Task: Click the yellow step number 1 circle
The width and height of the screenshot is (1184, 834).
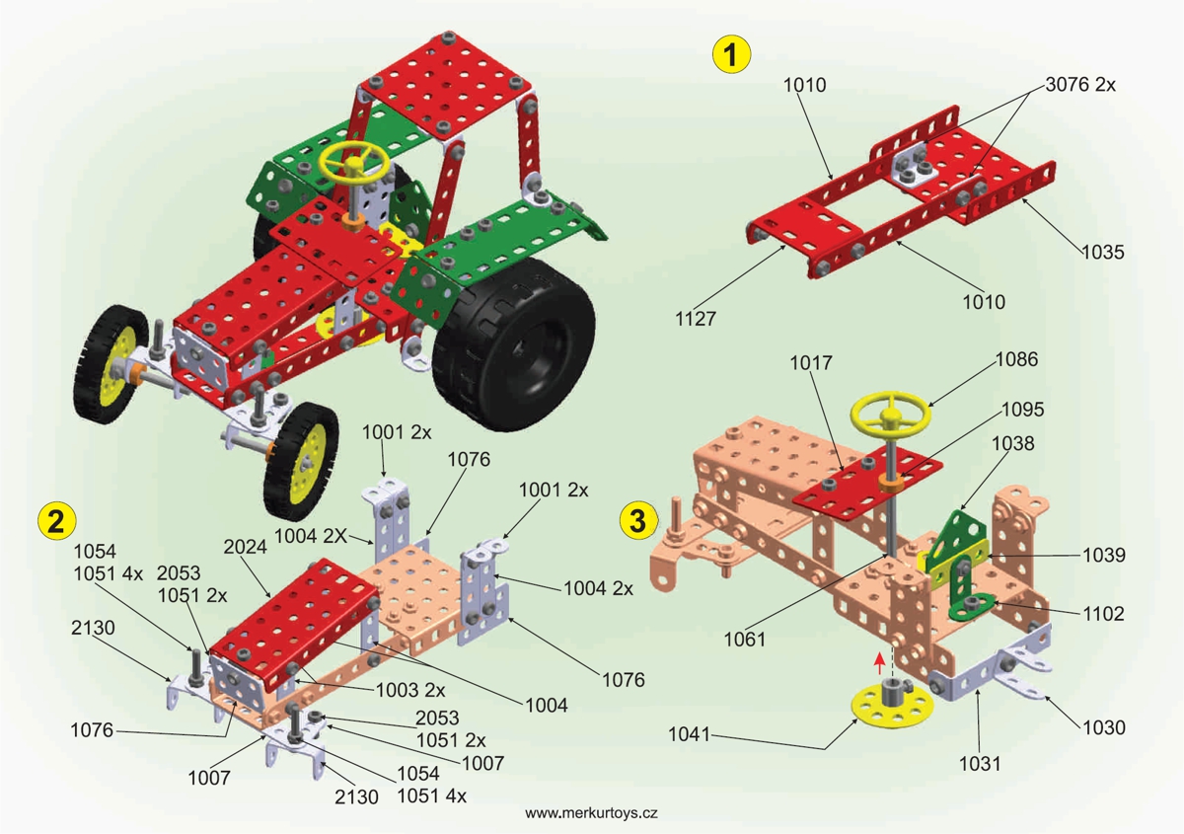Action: click(x=730, y=55)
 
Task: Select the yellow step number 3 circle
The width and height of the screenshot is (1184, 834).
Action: click(x=640, y=517)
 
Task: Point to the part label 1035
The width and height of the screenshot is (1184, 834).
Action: click(x=1101, y=252)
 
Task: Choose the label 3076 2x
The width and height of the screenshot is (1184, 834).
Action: click(x=1080, y=85)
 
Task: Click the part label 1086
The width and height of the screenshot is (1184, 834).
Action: click(x=1016, y=359)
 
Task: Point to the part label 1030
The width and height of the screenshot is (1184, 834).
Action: click(x=1102, y=727)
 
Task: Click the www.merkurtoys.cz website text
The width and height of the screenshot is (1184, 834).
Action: click(x=591, y=813)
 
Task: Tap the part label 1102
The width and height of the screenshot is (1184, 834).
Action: click(x=1102, y=614)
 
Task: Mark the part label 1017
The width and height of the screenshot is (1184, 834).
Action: click(x=810, y=363)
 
